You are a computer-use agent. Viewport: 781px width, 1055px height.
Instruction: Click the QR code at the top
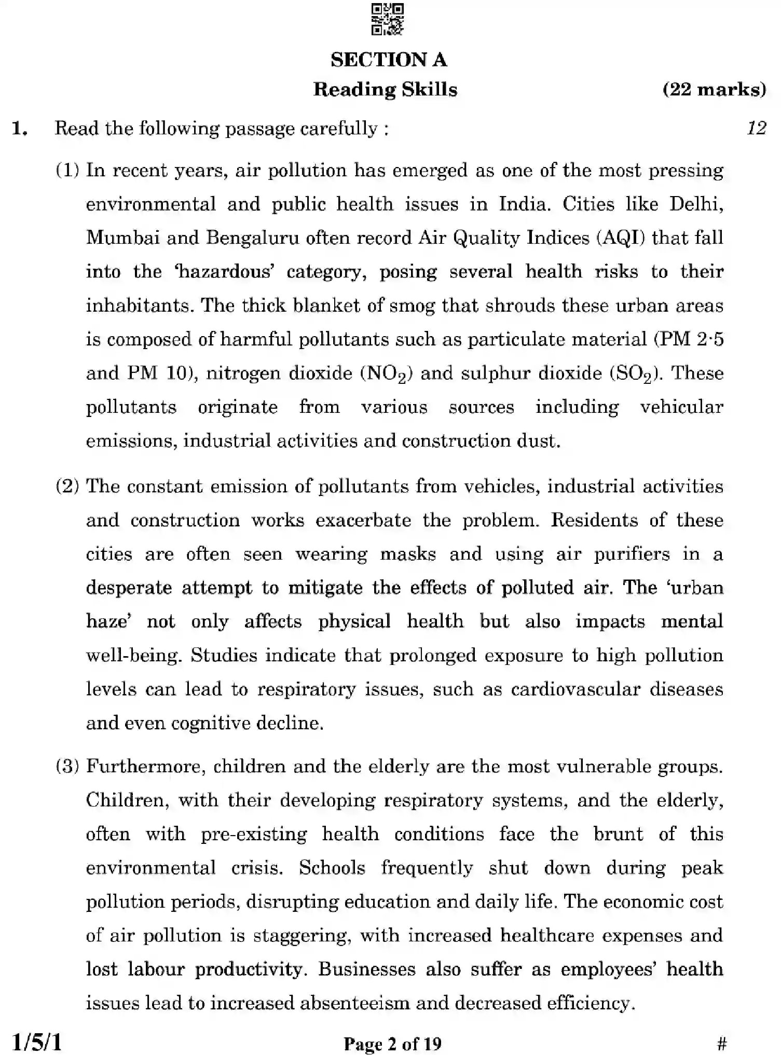click(388, 19)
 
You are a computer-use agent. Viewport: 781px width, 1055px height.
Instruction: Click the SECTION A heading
click(389, 60)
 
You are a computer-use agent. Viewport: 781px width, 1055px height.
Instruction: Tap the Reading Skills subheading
click(385, 89)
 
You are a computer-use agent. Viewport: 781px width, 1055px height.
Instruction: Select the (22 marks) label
click(714, 89)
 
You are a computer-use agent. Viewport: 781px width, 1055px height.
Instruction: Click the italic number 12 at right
click(757, 128)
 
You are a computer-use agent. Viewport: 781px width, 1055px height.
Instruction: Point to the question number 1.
click(19, 128)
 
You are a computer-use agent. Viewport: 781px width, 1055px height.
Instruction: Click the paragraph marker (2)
click(67, 486)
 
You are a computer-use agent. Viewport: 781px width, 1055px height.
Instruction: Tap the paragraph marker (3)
click(67, 766)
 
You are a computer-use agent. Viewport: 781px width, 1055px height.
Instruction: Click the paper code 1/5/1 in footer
click(36, 1042)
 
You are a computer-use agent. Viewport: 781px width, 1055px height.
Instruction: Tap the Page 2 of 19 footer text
click(392, 1043)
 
